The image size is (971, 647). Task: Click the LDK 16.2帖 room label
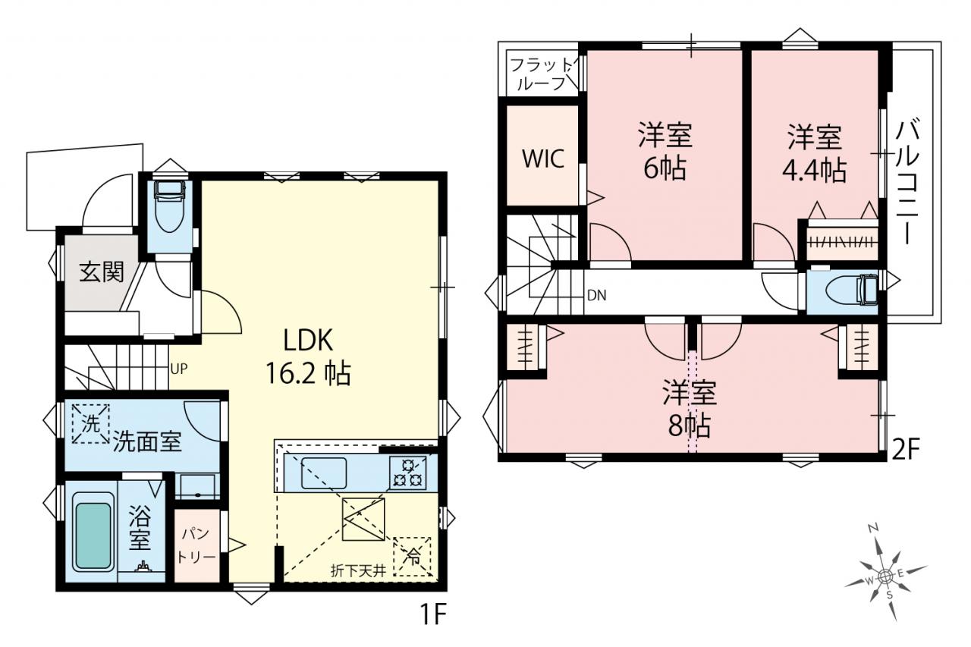308,356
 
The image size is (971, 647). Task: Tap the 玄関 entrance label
102,272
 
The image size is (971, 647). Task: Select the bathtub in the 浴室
93,536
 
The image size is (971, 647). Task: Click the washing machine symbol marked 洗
90,424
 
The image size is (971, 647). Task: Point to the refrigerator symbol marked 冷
412,557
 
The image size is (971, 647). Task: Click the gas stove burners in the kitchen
407,473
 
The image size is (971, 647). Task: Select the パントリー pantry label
196,545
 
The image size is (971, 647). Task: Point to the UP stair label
179,369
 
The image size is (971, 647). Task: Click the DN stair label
596,296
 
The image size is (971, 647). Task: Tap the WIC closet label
543,159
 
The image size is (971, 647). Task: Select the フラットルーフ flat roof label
542,74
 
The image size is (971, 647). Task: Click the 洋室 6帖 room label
665,151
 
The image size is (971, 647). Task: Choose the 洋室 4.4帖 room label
815,153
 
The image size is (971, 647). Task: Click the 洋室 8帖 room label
690,408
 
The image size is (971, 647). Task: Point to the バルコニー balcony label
908,182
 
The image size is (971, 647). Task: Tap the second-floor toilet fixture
852,289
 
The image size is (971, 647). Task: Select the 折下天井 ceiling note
358,570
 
